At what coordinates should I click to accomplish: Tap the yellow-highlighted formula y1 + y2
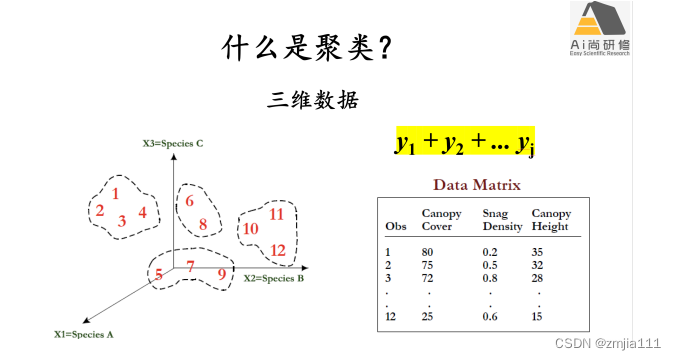[x=464, y=143]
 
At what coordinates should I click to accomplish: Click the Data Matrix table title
[x=476, y=185]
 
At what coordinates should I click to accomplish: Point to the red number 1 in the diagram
[x=116, y=194]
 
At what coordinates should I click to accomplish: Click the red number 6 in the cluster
[x=189, y=201]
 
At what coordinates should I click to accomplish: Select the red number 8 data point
[x=202, y=224]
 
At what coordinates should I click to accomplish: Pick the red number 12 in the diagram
[x=279, y=250]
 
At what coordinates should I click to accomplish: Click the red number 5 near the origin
[x=159, y=273]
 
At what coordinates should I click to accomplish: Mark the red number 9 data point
[x=221, y=274]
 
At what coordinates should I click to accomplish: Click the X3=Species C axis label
[x=172, y=144]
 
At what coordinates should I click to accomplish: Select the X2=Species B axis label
[x=273, y=278]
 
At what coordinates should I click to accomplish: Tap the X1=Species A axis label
[x=84, y=331]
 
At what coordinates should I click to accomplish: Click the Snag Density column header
[x=502, y=220]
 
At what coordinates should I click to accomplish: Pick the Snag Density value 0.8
[x=491, y=278]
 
